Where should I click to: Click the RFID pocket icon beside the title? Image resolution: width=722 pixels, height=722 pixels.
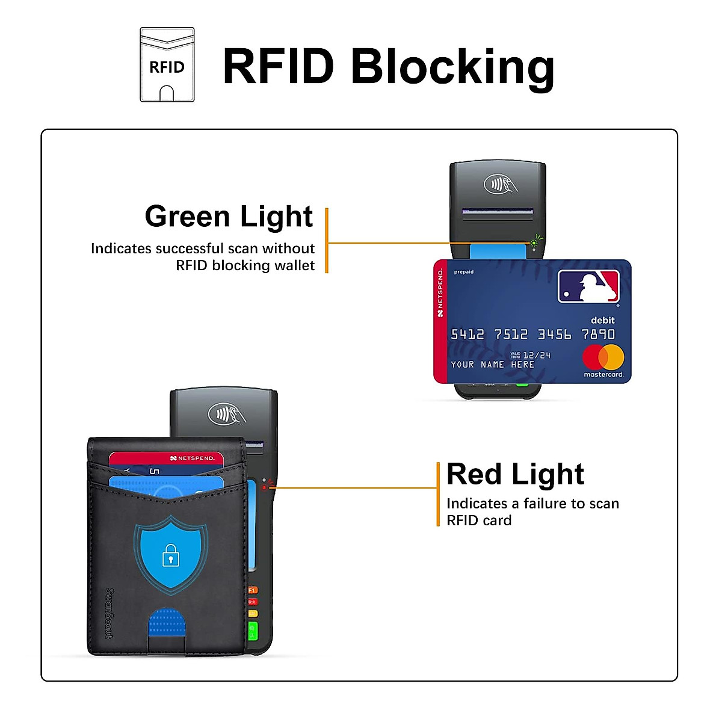coord(167,65)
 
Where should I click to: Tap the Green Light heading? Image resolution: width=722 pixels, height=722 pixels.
coord(229,217)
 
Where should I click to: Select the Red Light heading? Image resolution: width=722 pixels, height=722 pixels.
coord(515,474)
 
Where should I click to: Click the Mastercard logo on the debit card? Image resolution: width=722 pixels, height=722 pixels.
coord(603,358)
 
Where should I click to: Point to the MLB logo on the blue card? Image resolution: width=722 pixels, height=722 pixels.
coord(588,286)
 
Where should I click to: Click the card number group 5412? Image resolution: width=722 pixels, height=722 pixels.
coord(467,335)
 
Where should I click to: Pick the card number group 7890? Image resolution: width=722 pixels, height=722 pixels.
coord(598,335)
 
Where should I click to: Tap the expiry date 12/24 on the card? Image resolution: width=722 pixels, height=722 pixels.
coord(537,356)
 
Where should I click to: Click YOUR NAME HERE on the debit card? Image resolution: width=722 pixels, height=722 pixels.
coord(493,365)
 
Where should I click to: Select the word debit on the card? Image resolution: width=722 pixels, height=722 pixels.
coord(602,320)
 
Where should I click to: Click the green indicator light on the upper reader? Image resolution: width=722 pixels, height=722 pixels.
coord(533,243)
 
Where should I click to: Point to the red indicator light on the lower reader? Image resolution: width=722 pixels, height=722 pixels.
coord(264,487)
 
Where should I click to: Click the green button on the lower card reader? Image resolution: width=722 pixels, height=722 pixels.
coord(253,631)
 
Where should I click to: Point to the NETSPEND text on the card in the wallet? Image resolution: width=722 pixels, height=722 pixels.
coord(193,458)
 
